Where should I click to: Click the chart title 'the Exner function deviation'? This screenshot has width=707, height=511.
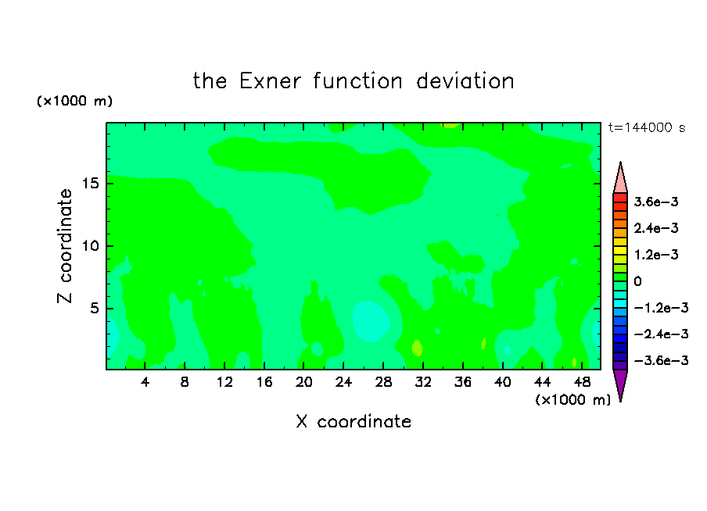(x=353, y=81)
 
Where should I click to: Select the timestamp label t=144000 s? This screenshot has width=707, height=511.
(x=647, y=128)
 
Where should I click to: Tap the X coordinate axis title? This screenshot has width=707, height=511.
(x=353, y=421)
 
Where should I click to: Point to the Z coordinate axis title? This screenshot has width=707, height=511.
(x=64, y=245)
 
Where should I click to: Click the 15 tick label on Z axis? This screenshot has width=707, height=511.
(x=90, y=184)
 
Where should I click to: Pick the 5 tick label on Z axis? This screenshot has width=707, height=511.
(x=94, y=308)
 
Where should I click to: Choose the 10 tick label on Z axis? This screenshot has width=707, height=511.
(x=90, y=246)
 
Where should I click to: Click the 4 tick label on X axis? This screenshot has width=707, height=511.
(x=145, y=382)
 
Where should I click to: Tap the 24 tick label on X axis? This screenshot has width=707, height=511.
(x=343, y=382)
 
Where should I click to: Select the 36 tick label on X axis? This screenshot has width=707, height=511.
(x=463, y=382)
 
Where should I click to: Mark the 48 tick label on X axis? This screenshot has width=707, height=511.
(x=582, y=382)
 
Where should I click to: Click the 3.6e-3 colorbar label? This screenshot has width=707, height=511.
(x=656, y=202)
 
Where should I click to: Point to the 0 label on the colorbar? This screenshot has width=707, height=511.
(x=637, y=281)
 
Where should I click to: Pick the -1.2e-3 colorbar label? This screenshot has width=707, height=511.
(x=661, y=308)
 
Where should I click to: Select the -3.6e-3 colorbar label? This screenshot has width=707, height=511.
(x=661, y=360)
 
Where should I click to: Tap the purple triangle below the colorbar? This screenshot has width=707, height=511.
(x=620, y=383)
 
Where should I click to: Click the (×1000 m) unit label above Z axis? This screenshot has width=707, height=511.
(x=74, y=101)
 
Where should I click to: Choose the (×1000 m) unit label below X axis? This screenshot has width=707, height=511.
(x=572, y=400)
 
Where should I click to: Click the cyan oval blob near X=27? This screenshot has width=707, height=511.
(x=371, y=321)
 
